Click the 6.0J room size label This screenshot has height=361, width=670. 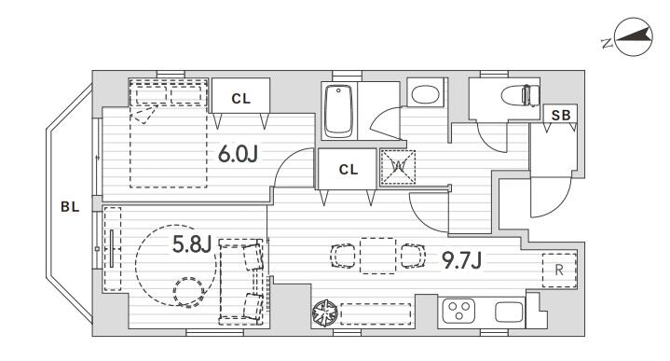tap(238, 154)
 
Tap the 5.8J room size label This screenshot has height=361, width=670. tap(192, 244)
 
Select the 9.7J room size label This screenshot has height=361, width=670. tap(462, 260)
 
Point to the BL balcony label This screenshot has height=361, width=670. tap(70, 207)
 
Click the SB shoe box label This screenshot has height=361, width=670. tap(561, 115)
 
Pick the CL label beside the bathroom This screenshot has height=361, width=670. tap(349, 170)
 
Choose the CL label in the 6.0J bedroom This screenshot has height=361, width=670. tap(241, 99)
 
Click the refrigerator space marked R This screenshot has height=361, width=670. tap(559, 271)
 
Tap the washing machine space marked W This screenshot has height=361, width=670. tap(398, 167)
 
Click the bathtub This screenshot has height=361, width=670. tap(339, 110)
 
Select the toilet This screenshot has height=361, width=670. tap(521, 95)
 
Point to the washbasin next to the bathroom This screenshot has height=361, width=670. tap(425, 94)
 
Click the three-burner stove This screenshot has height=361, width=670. tap(459, 311)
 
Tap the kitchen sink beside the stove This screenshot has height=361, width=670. tap(509, 312)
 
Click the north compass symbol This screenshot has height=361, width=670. tap(633, 36)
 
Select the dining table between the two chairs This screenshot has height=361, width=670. tap(377, 256)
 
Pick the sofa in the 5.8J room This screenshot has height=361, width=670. tap(242, 282)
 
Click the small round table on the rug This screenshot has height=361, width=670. tap(188, 292)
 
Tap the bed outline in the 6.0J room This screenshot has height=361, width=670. tap(169, 133)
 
